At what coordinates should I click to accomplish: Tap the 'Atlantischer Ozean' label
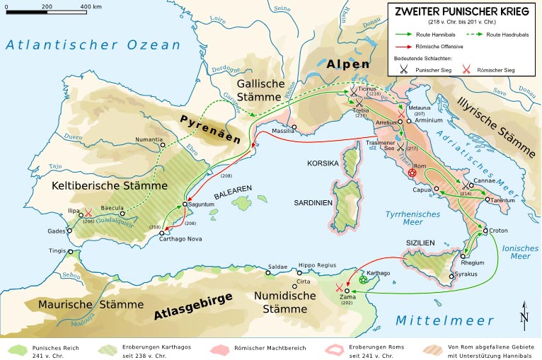pos(94,45)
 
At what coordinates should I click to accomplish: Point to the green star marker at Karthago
pos(364,280)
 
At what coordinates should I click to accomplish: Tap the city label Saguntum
pos(200,204)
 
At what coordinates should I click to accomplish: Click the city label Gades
pos(56,231)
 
